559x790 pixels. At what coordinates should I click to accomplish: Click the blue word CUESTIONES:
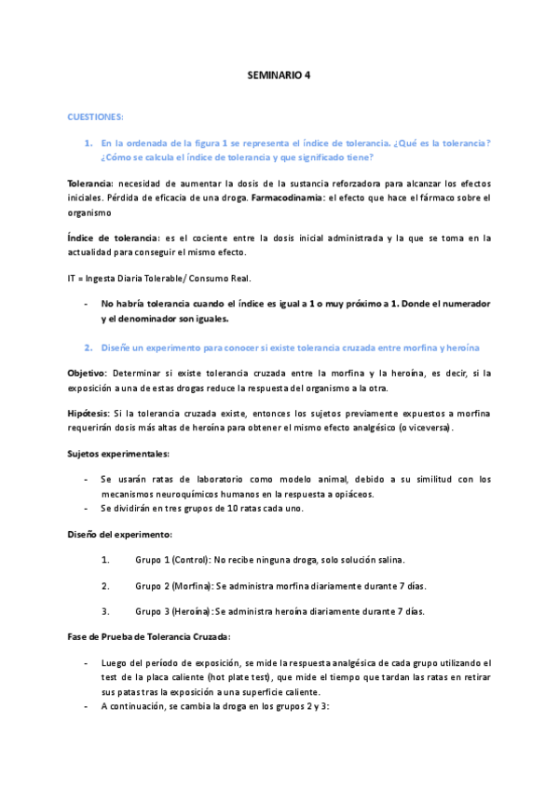click(x=96, y=116)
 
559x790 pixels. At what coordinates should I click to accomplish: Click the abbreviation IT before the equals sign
click(x=73, y=278)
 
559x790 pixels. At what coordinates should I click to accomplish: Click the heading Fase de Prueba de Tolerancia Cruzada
click(x=148, y=637)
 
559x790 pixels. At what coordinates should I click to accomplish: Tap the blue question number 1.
click(x=88, y=143)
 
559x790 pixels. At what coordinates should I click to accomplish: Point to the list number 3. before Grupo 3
click(x=104, y=612)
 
